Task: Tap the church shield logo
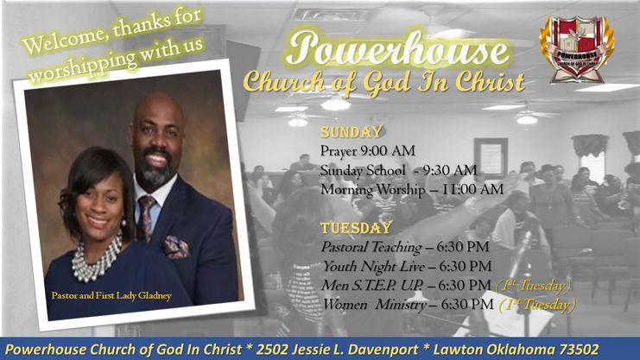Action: [x=576, y=50]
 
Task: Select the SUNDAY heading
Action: [x=352, y=132]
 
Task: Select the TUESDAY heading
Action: [x=356, y=228]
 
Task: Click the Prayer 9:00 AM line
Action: [x=367, y=151]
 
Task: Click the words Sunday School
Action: [x=351, y=170]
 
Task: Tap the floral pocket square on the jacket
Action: [x=176, y=247]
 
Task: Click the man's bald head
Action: [x=155, y=111]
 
